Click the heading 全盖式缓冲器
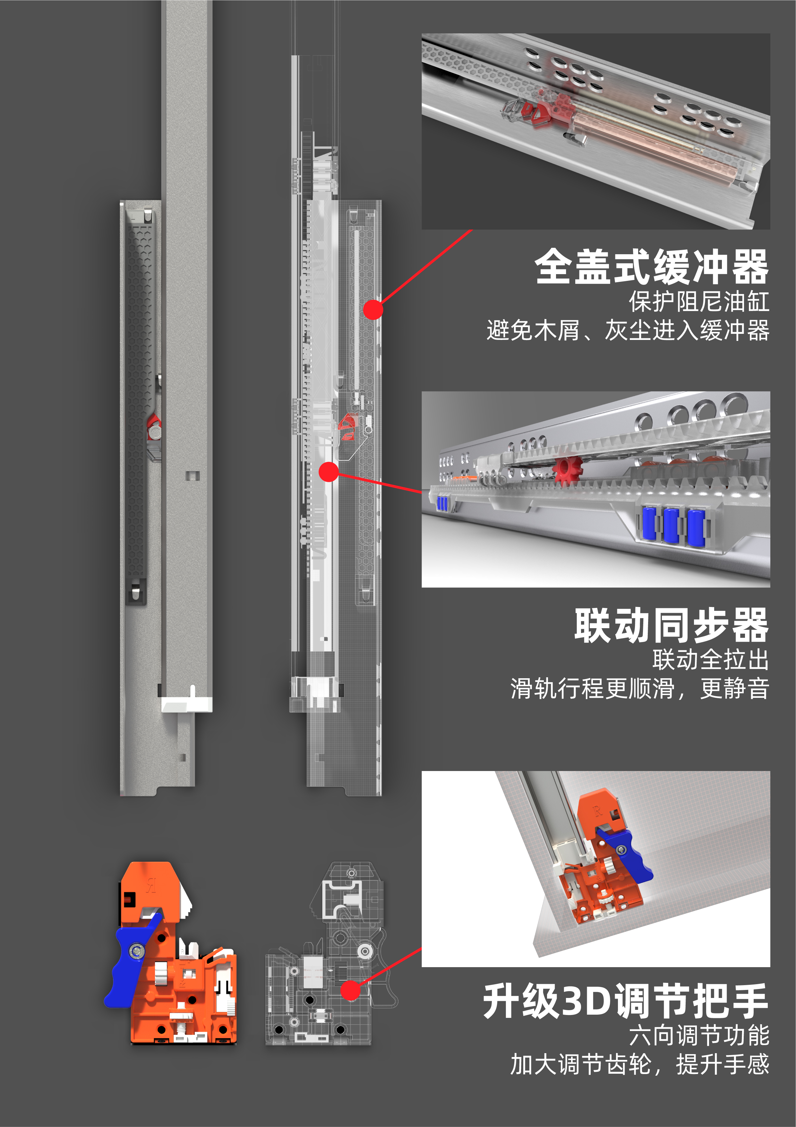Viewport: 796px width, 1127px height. pyautogui.click(x=651, y=266)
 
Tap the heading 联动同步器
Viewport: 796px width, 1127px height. pyautogui.click(x=671, y=625)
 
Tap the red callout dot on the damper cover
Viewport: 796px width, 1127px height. pyautogui.click(x=373, y=310)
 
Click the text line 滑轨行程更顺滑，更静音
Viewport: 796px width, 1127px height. pyautogui.click(x=639, y=688)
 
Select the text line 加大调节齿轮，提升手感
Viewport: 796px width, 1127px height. pyautogui.click(x=639, y=1064)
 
